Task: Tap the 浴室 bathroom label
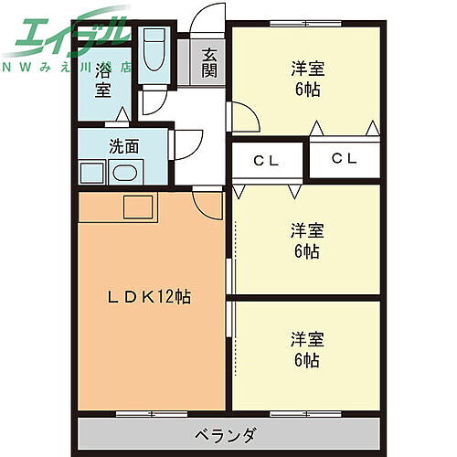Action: pos(101,79)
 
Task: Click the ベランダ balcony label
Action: pos(228,433)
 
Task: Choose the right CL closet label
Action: pos(344,159)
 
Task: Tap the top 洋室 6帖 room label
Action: pos(306,79)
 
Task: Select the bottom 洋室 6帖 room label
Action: pos(306,348)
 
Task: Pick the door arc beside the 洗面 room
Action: pos(185,146)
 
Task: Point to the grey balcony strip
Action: pos(228,433)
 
